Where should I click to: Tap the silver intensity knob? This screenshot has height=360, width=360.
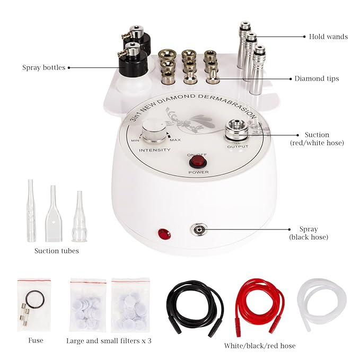click(x=153, y=130)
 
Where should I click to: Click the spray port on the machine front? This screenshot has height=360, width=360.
click(x=200, y=230)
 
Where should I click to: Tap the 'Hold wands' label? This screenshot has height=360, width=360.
click(x=328, y=37)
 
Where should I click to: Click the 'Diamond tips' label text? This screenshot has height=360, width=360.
click(x=317, y=78)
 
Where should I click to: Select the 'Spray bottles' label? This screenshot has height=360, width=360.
click(x=43, y=68)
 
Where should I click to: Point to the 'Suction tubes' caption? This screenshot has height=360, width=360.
click(x=57, y=251)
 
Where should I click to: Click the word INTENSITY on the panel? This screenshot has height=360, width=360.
click(x=155, y=150)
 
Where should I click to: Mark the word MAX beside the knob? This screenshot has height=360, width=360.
click(x=174, y=141)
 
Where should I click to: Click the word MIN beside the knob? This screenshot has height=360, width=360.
click(x=135, y=141)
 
